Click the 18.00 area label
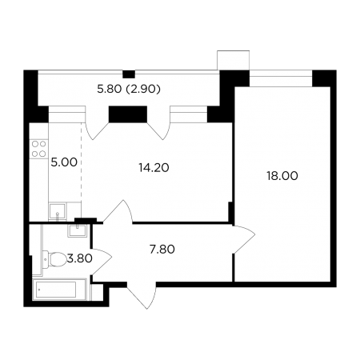click(x=282, y=176)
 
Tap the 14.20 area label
click(x=154, y=168)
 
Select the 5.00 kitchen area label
click(x=64, y=162)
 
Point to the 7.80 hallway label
click(x=162, y=250)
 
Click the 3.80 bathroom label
click(x=79, y=258)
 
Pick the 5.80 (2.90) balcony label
click(x=129, y=89)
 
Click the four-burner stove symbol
click(x=39, y=149)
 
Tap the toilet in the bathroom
click(x=54, y=259)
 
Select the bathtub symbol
click(x=59, y=290)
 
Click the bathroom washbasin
click(x=77, y=230)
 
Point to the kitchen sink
click(x=58, y=211)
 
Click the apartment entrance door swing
click(x=142, y=295)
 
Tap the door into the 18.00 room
click(x=244, y=239)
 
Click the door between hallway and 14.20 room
click(x=118, y=211)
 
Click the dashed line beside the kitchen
click(x=82, y=170)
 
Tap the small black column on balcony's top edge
click(x=129, y=74)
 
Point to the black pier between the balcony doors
click(x=128, y=114)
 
